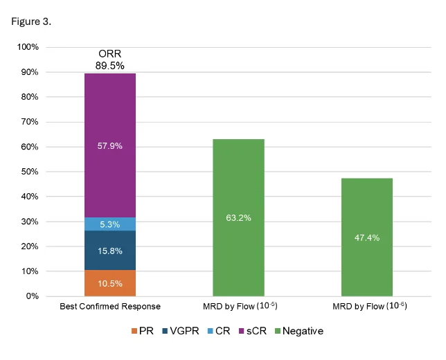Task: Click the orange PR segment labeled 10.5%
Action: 109,283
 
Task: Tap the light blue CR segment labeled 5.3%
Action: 109,224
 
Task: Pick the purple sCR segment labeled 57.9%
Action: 109,146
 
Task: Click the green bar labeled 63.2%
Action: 238,217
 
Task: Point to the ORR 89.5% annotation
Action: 109,60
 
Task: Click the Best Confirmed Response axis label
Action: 109,306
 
